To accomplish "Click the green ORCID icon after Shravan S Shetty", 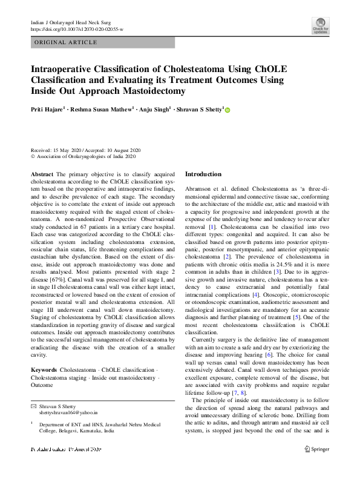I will (x=228, y=110).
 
